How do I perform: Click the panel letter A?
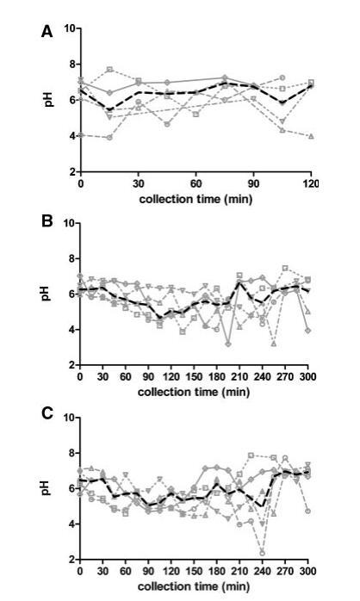(47, 32)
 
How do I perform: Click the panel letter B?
(47, 221)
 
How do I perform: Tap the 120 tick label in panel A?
(311, 183)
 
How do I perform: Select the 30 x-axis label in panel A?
(139, 183)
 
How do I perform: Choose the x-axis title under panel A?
(196, 199)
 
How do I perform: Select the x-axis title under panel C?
(194, 586)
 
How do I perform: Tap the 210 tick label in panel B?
(239, 376)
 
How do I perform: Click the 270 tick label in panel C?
(285, 571)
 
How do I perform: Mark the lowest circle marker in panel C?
(262, 553)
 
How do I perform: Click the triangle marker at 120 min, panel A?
(311, 136)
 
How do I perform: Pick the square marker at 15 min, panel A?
(109, 70)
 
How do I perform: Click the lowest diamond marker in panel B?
(228, 344)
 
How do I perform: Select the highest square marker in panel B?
(285, 268)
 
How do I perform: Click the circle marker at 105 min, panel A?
(282, 77)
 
